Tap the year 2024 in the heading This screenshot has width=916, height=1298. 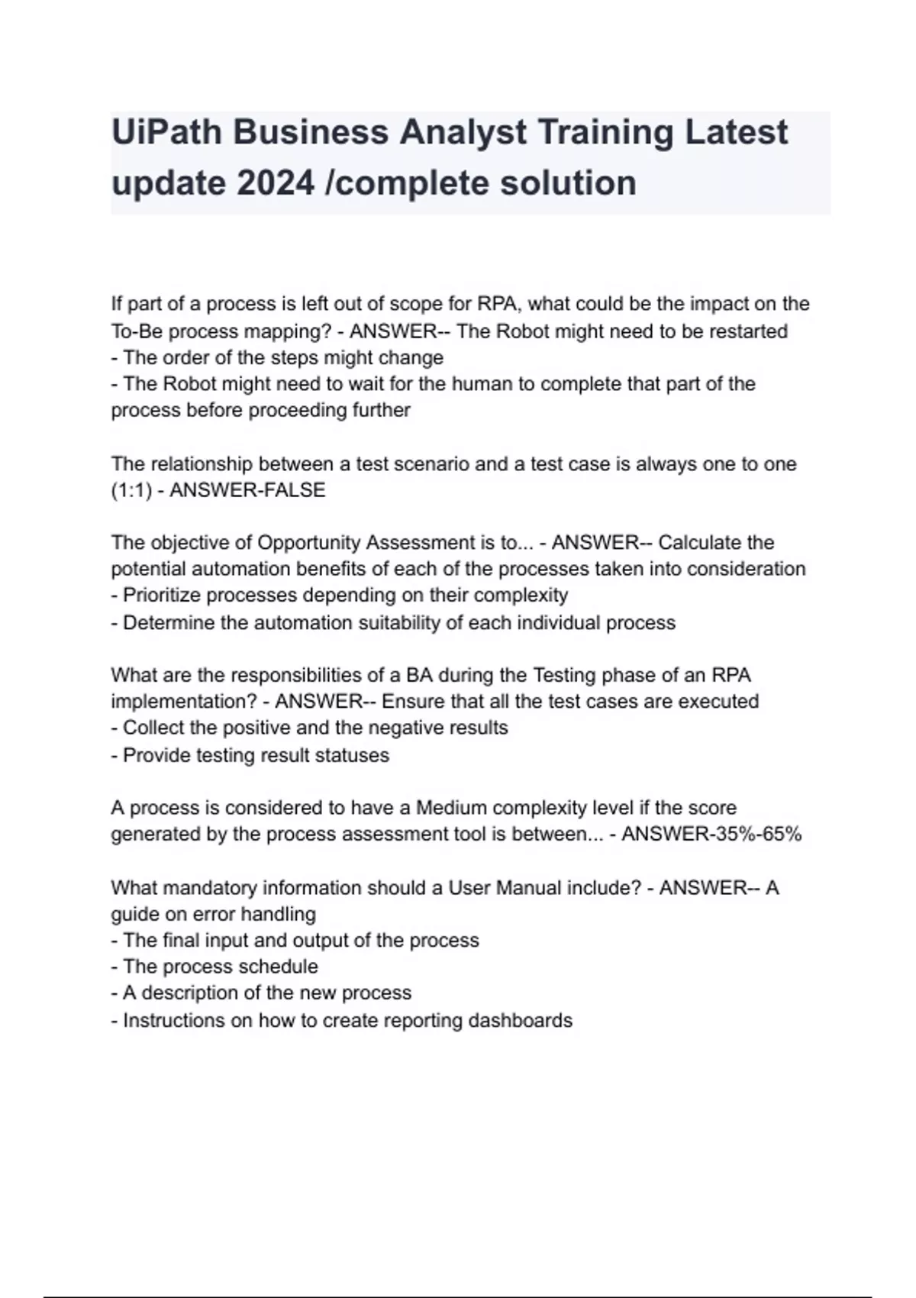(276, 183)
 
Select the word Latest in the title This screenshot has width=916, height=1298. (736, 132)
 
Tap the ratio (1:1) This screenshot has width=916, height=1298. (131, 490)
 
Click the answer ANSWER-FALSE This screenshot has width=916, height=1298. (247, 490)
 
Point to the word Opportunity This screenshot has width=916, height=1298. (309, 543)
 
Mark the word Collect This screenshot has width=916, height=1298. (153, 728)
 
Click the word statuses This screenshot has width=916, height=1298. (353, 755)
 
